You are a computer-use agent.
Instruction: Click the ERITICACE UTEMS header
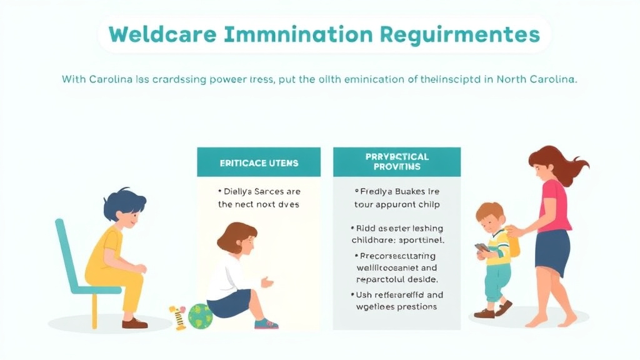coord(259,163)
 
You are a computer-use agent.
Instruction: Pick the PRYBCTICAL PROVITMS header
coord(397,162)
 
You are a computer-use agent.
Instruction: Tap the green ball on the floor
coord(200,316)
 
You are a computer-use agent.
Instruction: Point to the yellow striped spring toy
coord(177,317)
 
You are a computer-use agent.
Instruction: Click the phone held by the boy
coord(481,247)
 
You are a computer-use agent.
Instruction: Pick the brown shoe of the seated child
coord(134,322)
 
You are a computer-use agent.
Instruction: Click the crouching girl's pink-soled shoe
coord(266,324)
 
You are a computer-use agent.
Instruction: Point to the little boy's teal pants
coord(496,282)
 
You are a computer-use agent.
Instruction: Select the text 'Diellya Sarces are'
coord(259,191)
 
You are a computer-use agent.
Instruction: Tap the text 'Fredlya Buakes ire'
coord(396,191)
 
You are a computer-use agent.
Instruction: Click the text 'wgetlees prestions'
coord(396,307)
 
